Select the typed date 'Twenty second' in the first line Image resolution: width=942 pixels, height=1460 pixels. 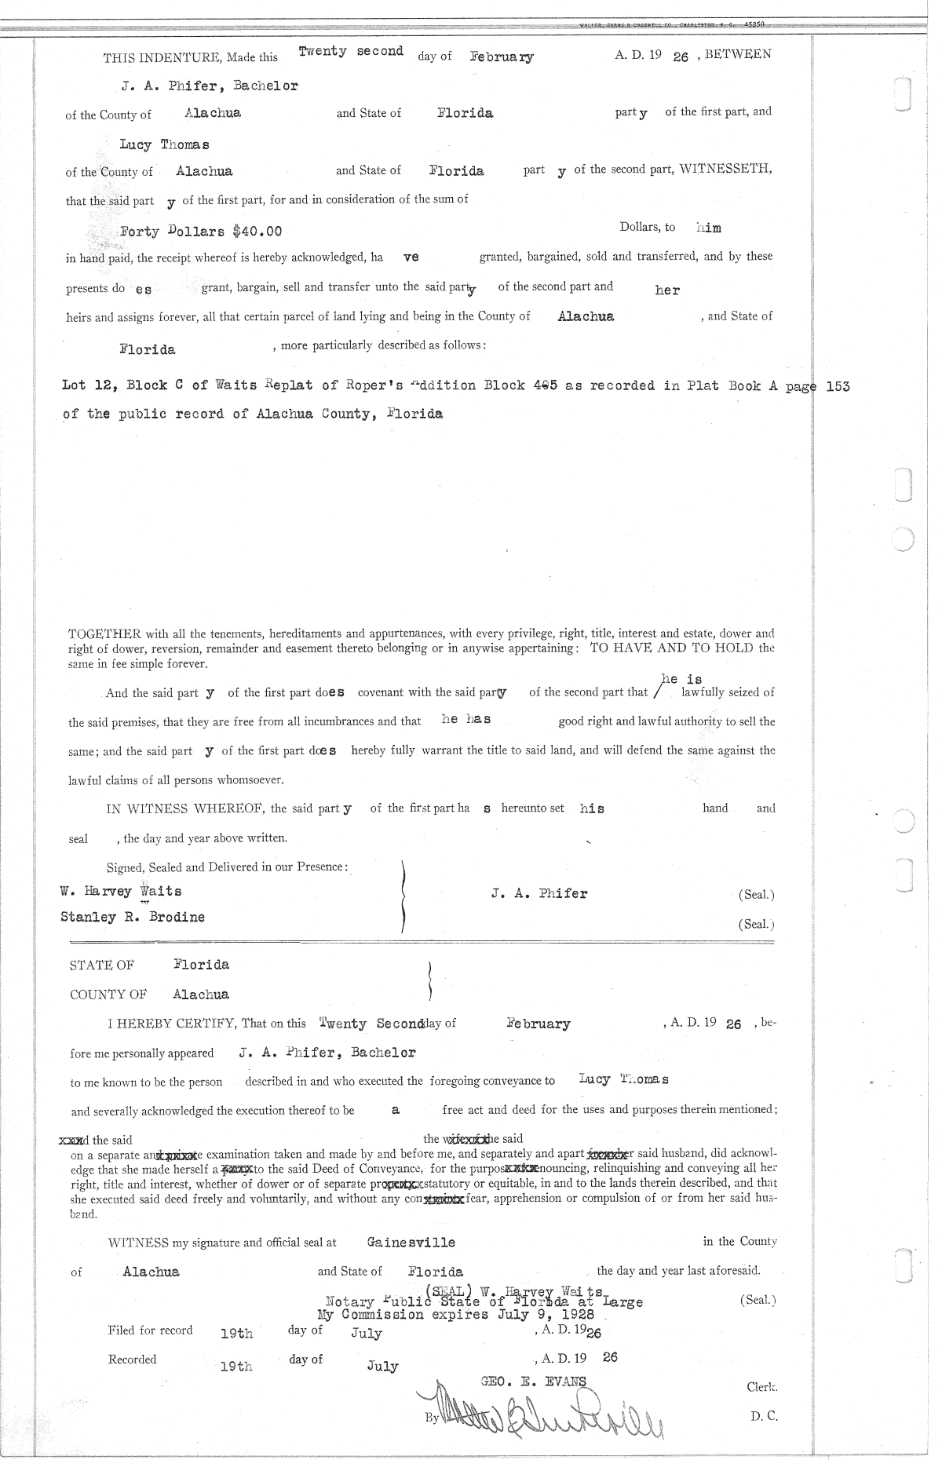point(351,52)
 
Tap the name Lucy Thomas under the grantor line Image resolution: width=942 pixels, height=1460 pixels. point(164,144)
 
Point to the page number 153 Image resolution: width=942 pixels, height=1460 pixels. point(838,386)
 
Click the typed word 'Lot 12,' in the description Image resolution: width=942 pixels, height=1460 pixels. point(86,386)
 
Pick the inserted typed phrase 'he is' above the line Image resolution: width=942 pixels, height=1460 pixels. point(681,679)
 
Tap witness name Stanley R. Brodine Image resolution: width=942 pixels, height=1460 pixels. point(133,917)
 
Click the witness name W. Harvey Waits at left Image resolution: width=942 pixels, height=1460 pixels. point(121,892)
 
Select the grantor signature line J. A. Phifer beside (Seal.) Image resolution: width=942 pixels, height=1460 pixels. point(539,893)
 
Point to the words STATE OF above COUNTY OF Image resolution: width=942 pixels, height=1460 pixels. point(102,965)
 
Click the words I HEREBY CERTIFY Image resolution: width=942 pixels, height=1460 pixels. point(172,1023)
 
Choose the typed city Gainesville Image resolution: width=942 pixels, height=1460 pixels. point(411,1243)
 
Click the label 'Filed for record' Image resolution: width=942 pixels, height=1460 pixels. point(150,1330)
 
